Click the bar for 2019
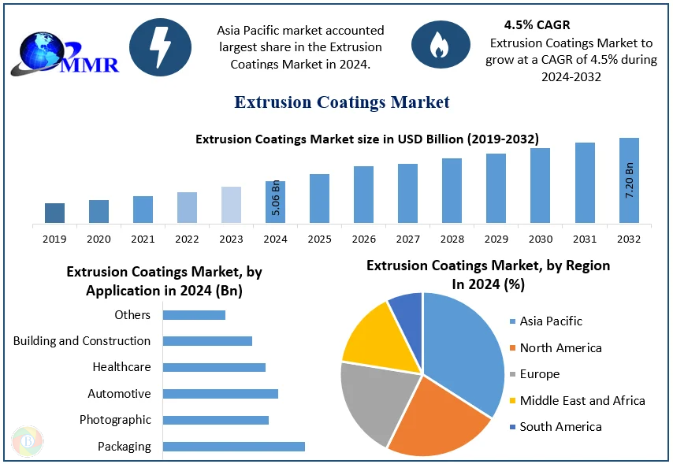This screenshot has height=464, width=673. [x=54, y=213]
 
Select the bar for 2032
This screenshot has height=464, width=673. [x=629, y=180]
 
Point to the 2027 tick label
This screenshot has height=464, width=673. [x=407, y=239]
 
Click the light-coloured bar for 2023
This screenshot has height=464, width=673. [x=231, y=204]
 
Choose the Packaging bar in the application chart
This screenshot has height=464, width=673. [x=233, y=447]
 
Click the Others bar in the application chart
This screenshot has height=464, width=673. [x=194, y=315]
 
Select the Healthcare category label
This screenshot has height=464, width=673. [x=121, y=367]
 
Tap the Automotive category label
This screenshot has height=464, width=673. [x=119, y=394]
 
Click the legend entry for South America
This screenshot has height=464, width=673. [x=560, y=427]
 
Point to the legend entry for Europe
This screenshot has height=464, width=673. [x=539, y=374]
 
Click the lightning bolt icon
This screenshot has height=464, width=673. [x=160, y=48]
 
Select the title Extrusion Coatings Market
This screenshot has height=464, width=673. [x=342, y=102]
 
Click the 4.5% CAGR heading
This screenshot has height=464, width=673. [x=537, y=25]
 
